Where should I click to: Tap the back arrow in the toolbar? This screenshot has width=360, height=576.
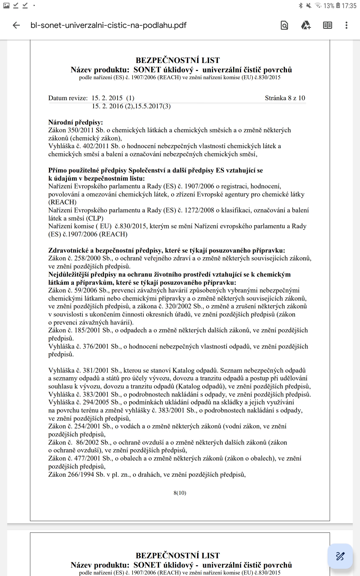pos(16,25)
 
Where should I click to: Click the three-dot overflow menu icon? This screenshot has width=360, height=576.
pos(346,25)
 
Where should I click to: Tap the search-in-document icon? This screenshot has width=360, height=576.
pos(284,25)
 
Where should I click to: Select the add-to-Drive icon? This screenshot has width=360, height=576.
pos(306,25)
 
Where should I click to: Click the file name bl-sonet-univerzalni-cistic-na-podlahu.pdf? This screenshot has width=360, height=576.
pos(108,25)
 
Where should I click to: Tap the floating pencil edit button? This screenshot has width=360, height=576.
pos(340,556)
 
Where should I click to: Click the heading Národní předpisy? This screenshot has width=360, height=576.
pos(76,122)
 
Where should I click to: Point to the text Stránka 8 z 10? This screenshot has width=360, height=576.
pos(285,98)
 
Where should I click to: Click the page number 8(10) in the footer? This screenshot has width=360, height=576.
pos(180,493)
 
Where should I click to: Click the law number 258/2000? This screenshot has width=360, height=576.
pos(87,258)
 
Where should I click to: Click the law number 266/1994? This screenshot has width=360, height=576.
pos(81,475)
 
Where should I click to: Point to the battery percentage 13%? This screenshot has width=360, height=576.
pos(328,6)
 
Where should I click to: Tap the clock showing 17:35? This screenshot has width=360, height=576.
pos(349,6)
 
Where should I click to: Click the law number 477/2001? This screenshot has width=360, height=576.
pos(87,458)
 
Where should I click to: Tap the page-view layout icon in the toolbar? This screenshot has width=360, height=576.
pos(327,25)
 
